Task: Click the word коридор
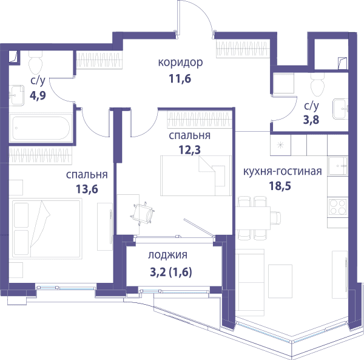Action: pyautogui.click(x=180, y=63)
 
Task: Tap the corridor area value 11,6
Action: pyautogui.click(x=180, y=79)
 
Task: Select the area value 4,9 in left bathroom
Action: pyautogui.click(x=38, y=95)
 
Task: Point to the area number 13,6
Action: pyautogui.click(x=87, y=189)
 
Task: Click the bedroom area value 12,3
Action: pyautogui.click(x=189, y=150)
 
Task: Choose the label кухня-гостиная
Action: pyautogui.click(x=283, y=171)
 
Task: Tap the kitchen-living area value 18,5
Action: pyautogui.click(x=280, y=186)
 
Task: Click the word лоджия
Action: pyautogui.click(x=167, y=255)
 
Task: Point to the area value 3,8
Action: pyautogui.click(x=311, y=120)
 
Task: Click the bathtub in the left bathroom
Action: pyautogui.click(x=41, y=128)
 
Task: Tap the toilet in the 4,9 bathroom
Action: pyautogui.click(x=36, y=63)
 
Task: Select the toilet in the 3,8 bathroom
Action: pyautogui.click(x=317, y=85)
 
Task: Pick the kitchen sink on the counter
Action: pyautogui.click(x=338, y=166)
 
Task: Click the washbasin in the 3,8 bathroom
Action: pyautogui.click(x=340, y=109)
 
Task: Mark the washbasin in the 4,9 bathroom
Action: pyautogui.click(x=16, y=95)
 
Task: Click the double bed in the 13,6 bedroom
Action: pyautogui.click(x=47, y=228)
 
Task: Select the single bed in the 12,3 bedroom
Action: pyautogui.click(x=196, y=175)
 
